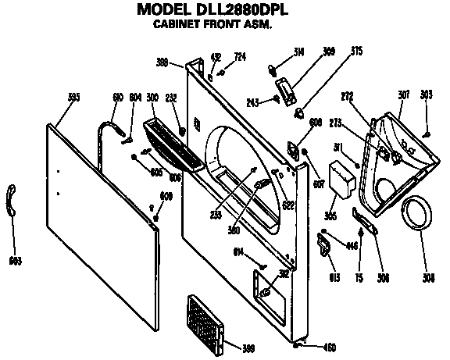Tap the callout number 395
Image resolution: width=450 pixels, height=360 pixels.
tap(74, 97)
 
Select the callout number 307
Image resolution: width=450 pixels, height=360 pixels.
tap(404, 94)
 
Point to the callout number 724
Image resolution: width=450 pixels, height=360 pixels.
tap(240, 57)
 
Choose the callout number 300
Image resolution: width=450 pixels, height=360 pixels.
tap(152, 97)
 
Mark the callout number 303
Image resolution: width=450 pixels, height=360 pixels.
tap(426, 94)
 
